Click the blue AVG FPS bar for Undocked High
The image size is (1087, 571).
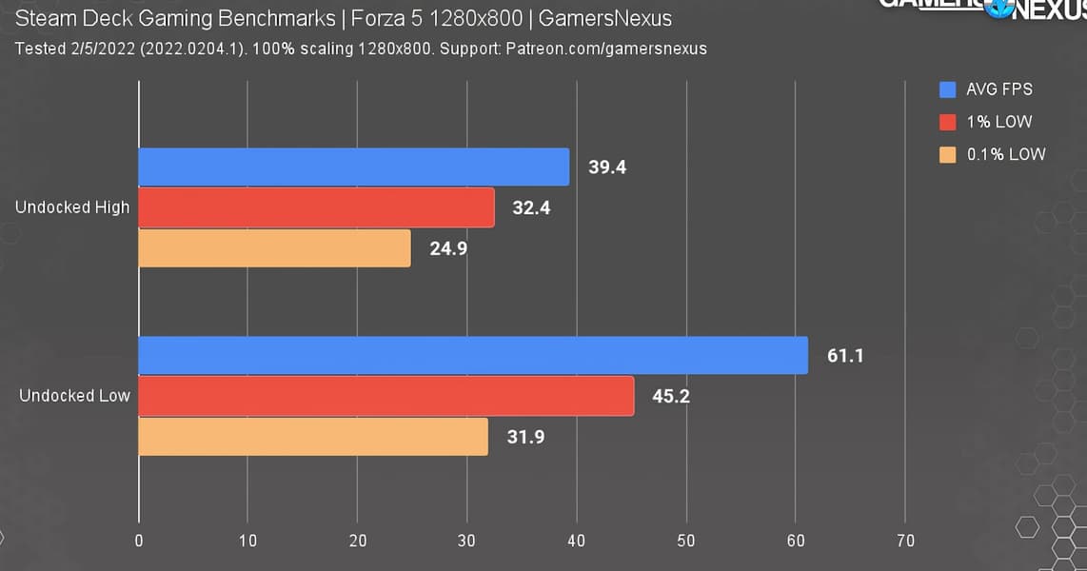(354, 167)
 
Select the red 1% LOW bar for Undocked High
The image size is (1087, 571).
(317, 207)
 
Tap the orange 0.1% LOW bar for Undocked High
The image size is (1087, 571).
(275, 248)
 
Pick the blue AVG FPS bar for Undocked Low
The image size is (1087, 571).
(473, 356)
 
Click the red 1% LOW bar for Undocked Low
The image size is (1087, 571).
(386, 396)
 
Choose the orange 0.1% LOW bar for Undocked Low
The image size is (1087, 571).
(313, 437)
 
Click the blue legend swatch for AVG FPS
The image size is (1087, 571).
(947, 90)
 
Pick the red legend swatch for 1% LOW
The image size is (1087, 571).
(947, 122)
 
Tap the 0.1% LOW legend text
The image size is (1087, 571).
(1006, 154)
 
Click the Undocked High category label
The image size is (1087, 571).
(72, 207)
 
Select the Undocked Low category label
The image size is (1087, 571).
(74, 396)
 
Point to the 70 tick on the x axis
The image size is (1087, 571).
(905, 541)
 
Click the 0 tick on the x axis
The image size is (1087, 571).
(139, 541)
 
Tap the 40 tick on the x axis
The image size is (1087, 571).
(577, 541)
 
